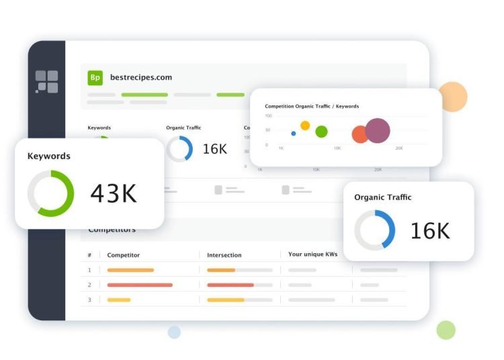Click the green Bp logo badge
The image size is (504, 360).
click(95, 77)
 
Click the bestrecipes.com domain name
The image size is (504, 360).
click(141, 77)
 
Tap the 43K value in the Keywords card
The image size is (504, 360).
click(114, 193)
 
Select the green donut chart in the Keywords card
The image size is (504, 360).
click(50, 193)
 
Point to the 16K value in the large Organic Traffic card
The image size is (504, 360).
click(430, 231)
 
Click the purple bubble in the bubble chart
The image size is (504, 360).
click(378, 131)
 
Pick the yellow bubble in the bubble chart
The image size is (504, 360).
click(305, 125)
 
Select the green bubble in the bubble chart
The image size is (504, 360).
click(322, 132)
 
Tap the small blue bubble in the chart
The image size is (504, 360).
click(294, 133)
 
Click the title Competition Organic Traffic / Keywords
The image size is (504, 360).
click(312, 106)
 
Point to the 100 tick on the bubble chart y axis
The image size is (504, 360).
click(268, 116)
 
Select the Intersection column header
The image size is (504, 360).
click(224, 255)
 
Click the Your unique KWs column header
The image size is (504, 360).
click(312, 255)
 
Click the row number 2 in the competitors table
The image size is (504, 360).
click(89, 285)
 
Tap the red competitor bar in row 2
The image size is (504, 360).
click(140, 285)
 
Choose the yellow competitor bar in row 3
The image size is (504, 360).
click(119, 300)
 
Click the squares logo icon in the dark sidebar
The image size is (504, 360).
click(46, 82)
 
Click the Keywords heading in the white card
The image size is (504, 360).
click(48, 156)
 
